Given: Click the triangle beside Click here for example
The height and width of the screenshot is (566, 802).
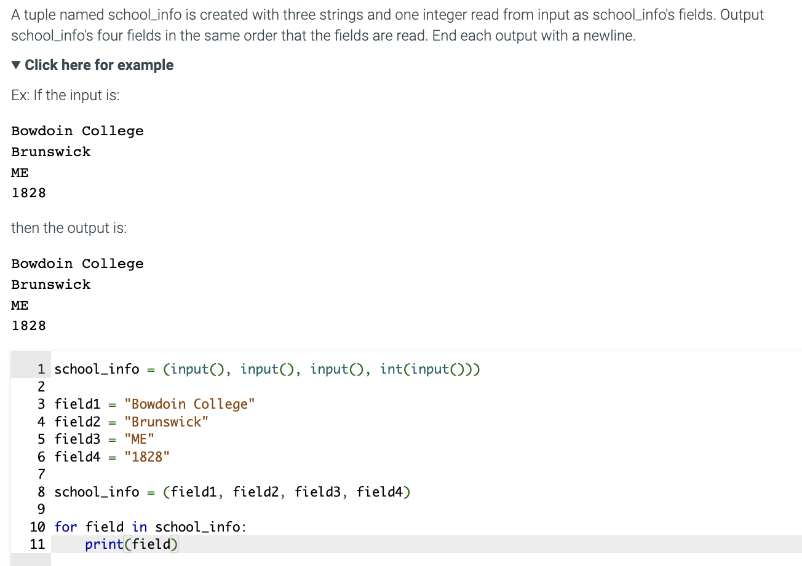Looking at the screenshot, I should pos(17,65).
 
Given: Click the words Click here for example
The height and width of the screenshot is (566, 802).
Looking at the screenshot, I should pos(99,65).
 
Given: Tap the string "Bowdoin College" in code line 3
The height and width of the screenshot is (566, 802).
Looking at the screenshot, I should pos(189,404).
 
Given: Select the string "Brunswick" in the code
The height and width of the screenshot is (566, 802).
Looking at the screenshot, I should pos(166,422).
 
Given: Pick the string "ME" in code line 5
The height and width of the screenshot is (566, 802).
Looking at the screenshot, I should pos(139,439).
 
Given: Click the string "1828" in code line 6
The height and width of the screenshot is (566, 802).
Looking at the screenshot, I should pos(146,457).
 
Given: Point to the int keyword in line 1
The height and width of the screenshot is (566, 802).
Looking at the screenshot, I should pos(391,369).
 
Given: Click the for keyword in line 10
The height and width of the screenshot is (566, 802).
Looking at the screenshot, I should pos(66,527).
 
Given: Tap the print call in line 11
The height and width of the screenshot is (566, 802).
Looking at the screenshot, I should pos(104,544).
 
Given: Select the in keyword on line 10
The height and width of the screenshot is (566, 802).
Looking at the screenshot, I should pos(139,527).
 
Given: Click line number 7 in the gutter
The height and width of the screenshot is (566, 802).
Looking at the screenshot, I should pos(41,474).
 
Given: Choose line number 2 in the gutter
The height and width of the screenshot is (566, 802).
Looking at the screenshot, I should pos(41,387).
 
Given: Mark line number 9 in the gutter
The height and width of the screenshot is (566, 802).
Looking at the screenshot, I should pos(41,509).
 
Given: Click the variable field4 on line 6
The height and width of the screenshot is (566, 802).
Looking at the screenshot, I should pos(77,457).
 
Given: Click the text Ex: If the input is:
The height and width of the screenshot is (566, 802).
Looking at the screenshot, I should pos(57,96).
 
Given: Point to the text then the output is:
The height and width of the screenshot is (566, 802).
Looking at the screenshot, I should pos(69,228).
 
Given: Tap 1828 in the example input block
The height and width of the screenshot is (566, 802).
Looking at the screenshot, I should pos(28,193).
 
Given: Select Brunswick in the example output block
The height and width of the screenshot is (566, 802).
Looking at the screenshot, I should pos(51,285).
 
